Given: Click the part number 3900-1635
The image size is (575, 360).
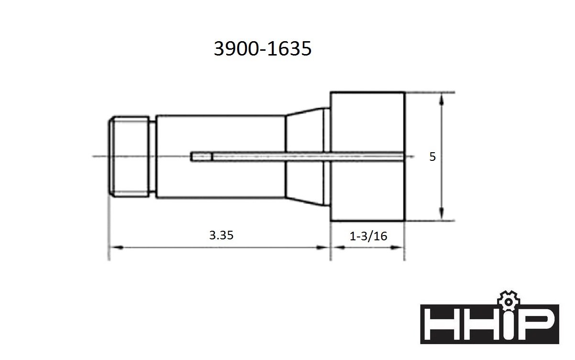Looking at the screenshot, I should (x=262, y=49).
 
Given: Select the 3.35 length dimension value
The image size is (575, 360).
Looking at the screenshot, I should (x=221, y=236).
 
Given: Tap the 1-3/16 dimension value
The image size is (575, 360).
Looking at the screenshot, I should (x=368, y=236).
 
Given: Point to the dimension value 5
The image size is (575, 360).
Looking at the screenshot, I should (x=432, y=157).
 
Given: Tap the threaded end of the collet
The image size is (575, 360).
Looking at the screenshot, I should (x=128, y=157).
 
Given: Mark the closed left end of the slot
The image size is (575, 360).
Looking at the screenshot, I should (x=192, y=157).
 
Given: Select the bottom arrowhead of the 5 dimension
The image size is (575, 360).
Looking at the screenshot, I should (x=442, y=215).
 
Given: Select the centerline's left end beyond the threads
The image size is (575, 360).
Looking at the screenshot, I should (x=96, y=157).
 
